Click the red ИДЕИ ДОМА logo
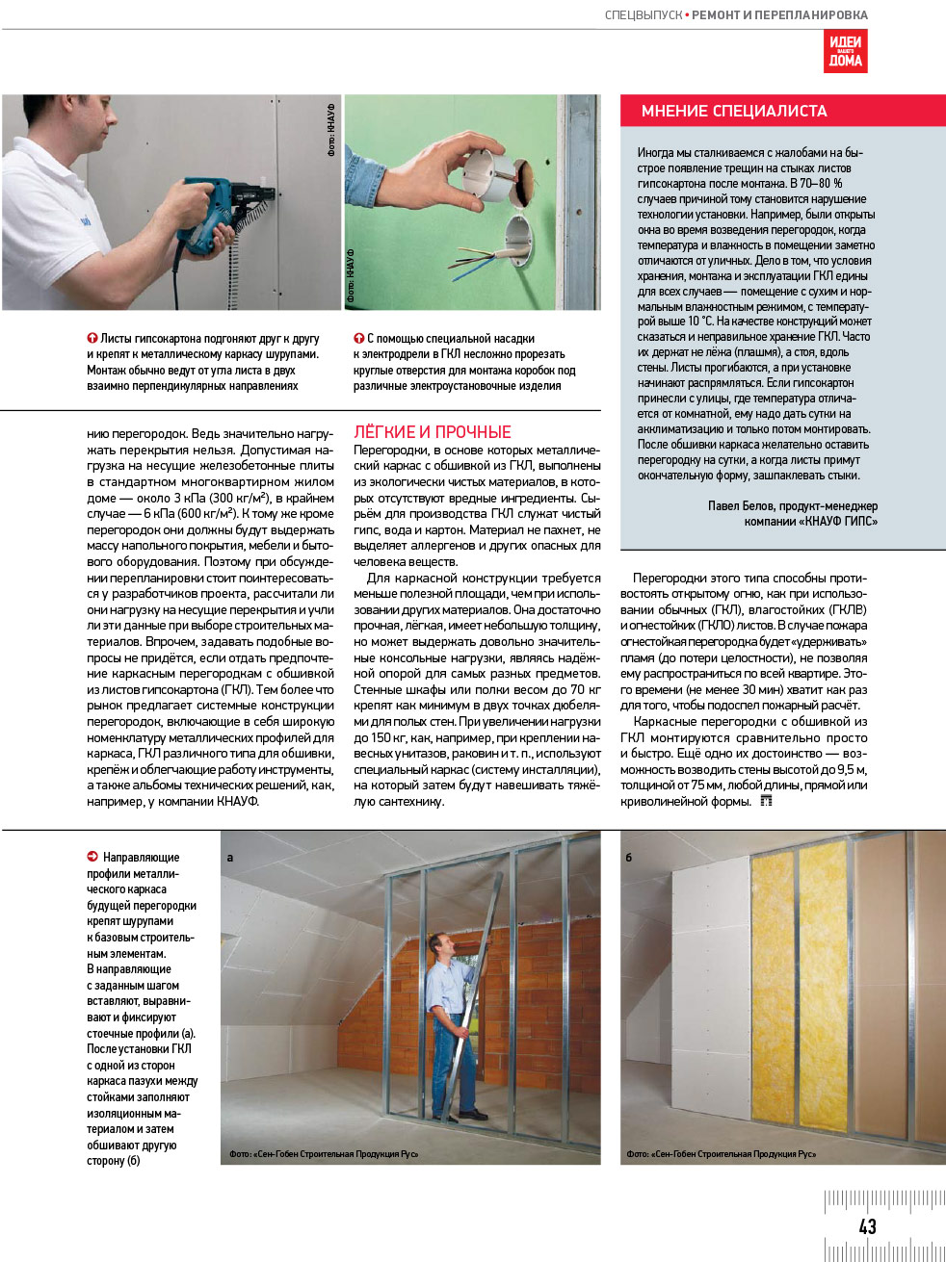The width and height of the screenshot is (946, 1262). pos(845,51)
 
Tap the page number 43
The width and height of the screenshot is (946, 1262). pos(867,1225)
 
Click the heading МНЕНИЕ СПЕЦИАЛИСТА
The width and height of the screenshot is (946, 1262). pos(734,111)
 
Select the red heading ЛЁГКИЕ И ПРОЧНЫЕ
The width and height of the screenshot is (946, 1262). pos(433,432)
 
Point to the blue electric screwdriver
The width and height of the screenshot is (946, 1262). pos(214,212)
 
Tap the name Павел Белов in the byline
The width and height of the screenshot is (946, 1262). pos(741,505)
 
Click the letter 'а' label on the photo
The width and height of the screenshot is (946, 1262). pos(229,857)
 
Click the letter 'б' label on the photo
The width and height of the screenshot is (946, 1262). pos(629,857)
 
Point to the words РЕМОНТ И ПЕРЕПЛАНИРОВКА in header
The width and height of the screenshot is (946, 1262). pos(779,15)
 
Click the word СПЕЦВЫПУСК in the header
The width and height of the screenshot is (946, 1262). pos(644,15)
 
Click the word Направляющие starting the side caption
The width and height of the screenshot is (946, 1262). pos(141,857)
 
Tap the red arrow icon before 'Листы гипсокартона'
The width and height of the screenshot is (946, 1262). pos(92,339)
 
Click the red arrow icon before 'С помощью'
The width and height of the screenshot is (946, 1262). pos(359,339)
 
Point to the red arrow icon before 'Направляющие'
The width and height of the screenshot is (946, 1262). pos(92,857)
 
